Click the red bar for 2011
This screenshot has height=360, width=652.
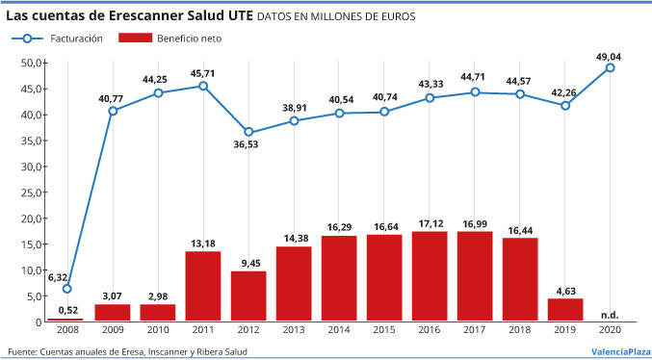[203, 286]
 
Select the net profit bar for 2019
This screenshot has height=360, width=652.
[565, 310]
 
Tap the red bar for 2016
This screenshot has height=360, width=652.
[430, 276]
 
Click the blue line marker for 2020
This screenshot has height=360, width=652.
[610, 67]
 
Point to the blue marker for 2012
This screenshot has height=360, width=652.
[248, 132]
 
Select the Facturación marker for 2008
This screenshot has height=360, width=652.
[67, 289]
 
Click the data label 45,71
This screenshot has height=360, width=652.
[203, 72]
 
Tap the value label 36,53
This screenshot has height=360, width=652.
[248, 145]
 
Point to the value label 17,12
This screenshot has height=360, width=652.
[430, 224]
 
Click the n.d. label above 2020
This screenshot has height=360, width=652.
[610, 315]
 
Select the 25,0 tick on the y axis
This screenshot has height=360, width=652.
[31, 193]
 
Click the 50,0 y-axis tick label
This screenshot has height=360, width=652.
[31, 64]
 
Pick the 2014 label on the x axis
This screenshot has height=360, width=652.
[339, 330]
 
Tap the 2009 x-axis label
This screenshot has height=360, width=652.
[113, 330]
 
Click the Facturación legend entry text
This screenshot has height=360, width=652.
[76, 39]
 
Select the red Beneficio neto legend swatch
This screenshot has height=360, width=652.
[135, 39]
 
